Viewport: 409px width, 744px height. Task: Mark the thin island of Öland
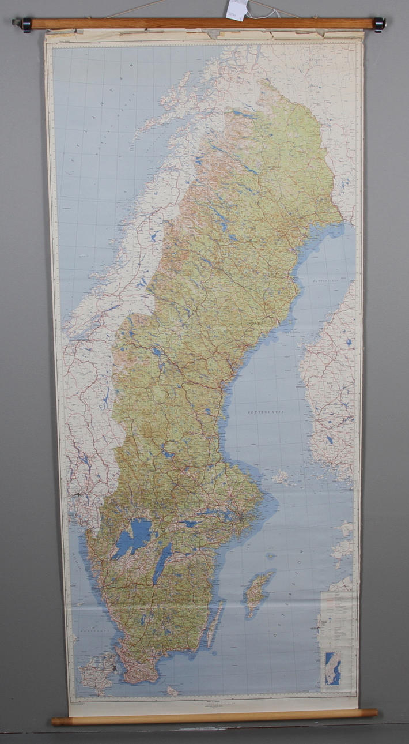coord(214,625)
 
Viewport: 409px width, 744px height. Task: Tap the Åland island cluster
coord(282,477)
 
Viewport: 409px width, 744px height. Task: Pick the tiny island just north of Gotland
coord(270,556)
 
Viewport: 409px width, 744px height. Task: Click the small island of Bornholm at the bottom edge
coord(172,690)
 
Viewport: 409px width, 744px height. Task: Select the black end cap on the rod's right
coord(379,24)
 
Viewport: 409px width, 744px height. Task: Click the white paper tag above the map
coord(236,9)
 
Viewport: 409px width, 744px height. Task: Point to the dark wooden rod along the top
coord(202,24)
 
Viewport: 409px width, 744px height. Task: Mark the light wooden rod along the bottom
coord(213,717)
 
